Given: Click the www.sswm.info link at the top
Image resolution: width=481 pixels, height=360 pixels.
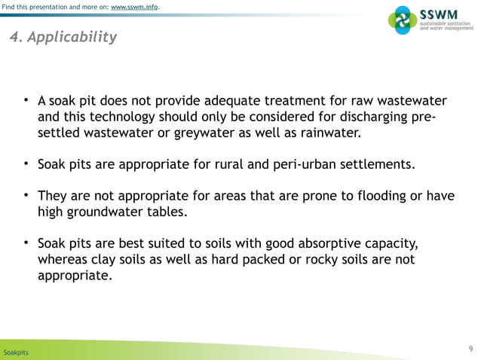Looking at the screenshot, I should click(135, 8).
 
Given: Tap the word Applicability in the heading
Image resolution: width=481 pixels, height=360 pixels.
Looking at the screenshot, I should click(72, 37).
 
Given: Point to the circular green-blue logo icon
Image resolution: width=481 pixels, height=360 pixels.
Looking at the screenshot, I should click(401, 20).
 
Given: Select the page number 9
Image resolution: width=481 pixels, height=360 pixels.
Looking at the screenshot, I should click(470, 348).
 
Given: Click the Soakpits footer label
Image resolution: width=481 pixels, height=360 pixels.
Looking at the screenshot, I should click(16, 352).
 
